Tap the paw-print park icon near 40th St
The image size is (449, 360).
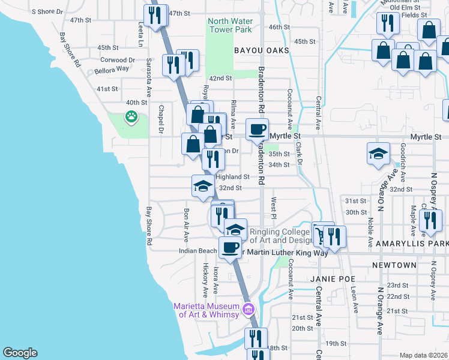point(131,116)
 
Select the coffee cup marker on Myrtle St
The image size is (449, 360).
point(257,129)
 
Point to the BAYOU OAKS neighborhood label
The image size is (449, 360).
point(262,51)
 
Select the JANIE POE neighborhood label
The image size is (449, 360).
point(333,279)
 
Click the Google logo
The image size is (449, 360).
point(20,353)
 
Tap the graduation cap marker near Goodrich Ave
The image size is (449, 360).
point(378,154)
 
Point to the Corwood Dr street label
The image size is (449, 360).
point(118,60)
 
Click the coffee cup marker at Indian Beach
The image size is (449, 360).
point(229,247)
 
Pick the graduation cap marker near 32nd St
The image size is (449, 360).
point(202,185)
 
